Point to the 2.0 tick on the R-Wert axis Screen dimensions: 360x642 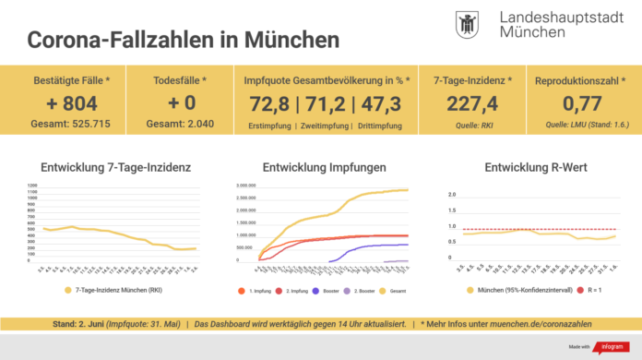[452, 195]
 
